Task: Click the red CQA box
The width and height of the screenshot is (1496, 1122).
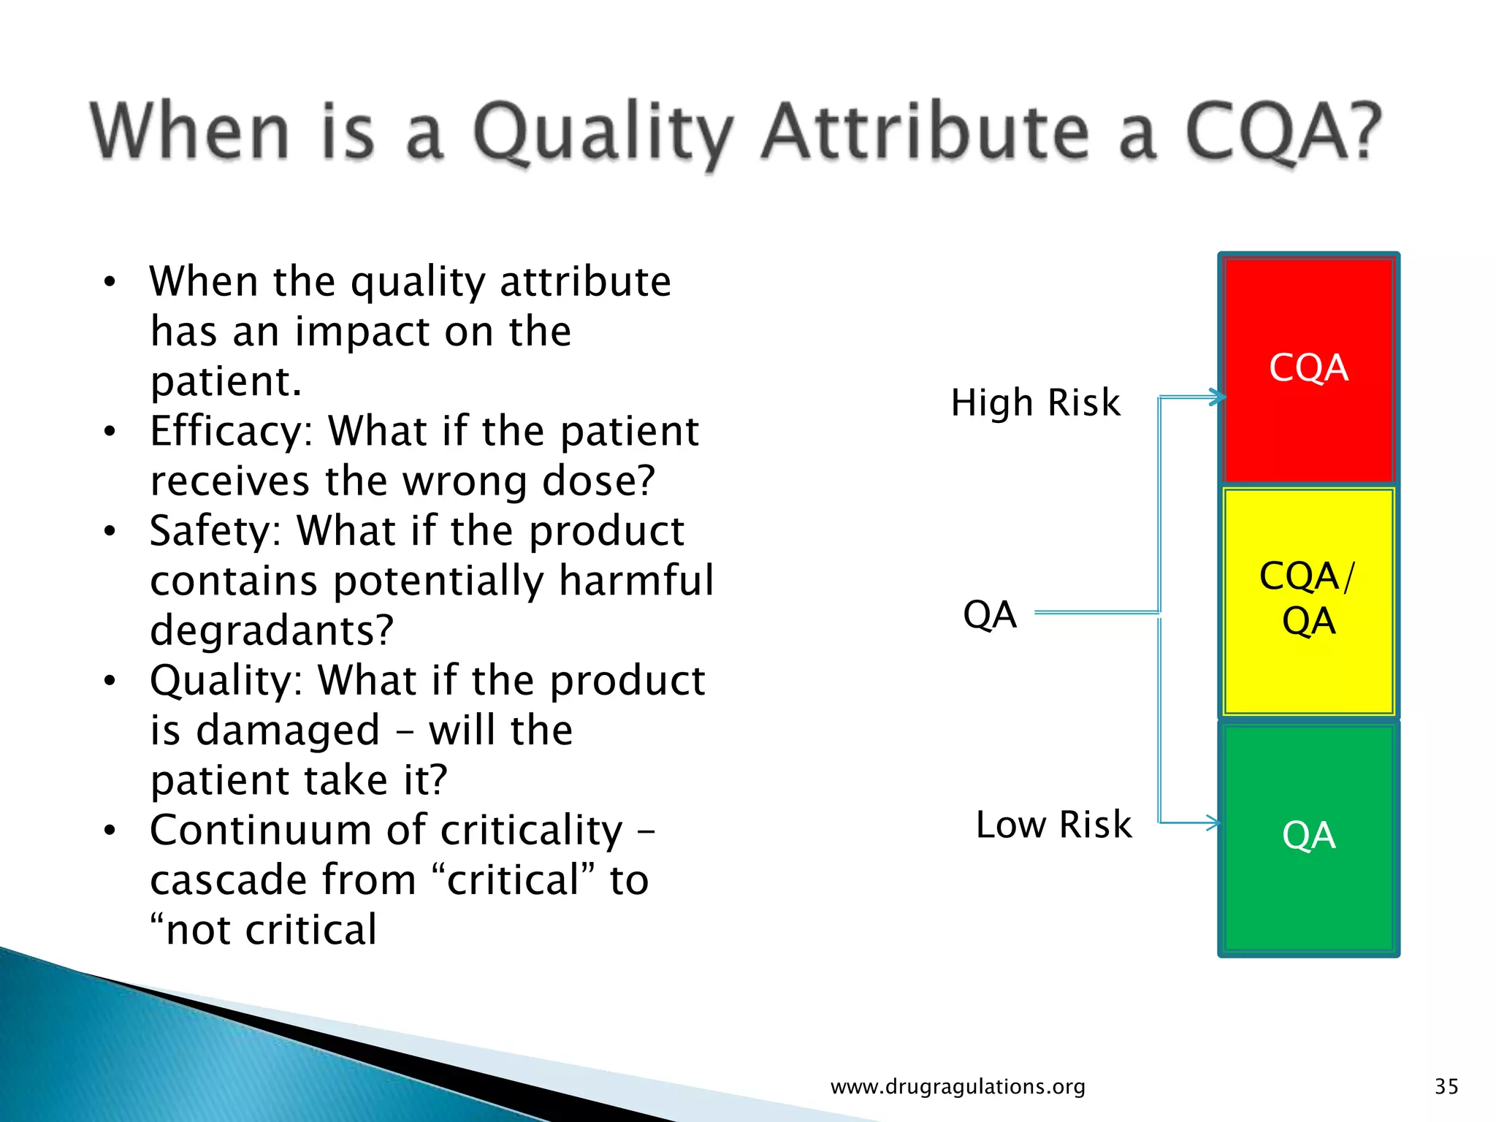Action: (x=1308, y=369)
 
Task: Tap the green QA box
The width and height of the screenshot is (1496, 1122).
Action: (x=1308, y=836)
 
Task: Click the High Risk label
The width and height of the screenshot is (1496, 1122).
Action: (x=1035, y=403)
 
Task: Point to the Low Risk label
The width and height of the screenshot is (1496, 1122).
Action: (x=1053, y=825)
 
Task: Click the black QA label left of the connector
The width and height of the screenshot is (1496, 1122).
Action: (x=990, y=614)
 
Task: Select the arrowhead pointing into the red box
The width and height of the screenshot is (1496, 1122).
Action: (x=1217, y=397)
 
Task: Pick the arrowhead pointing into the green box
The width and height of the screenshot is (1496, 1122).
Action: (x=1213, y=823)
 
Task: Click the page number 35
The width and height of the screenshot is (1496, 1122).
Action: (x=1446, y=1086)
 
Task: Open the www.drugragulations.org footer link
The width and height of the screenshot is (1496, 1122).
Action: (x=958, y=1087)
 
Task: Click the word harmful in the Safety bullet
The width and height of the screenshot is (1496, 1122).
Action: (x=636, y=581)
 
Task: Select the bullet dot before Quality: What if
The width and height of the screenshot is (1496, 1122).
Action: (x=110, y=682)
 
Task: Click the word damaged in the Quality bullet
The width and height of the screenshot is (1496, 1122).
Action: (x=288, y=731)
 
